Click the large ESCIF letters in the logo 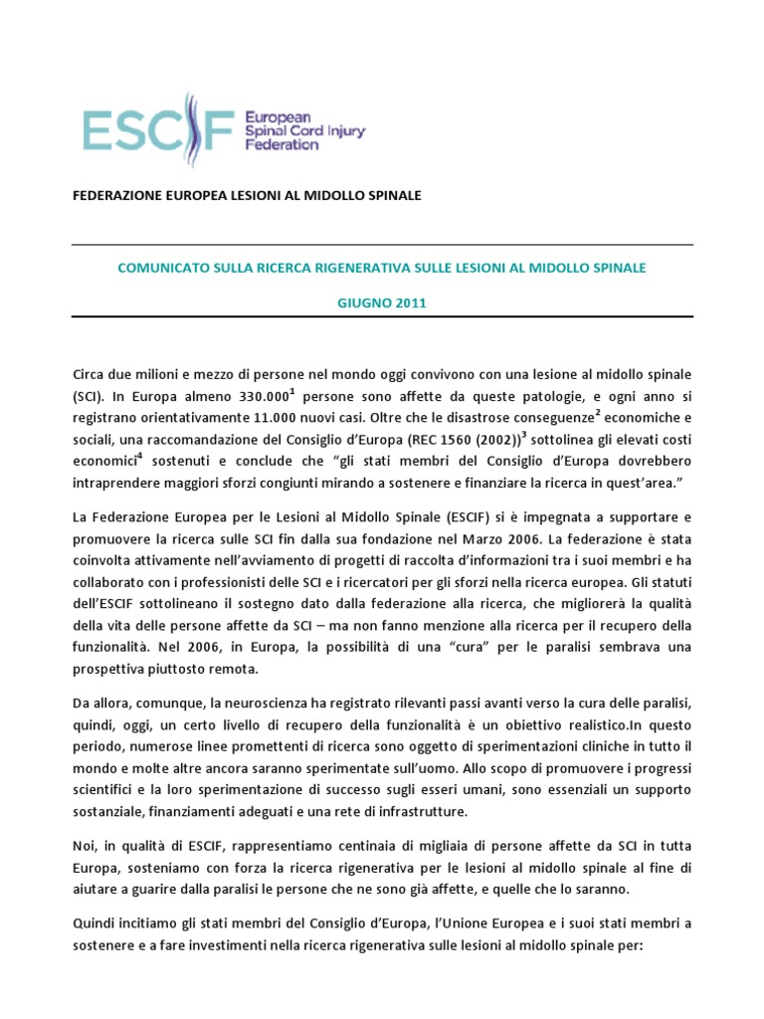(159, 129)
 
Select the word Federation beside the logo (282, 143)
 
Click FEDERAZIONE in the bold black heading (118, 195)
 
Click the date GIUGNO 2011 (382, 304)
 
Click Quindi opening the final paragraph (95, 922)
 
